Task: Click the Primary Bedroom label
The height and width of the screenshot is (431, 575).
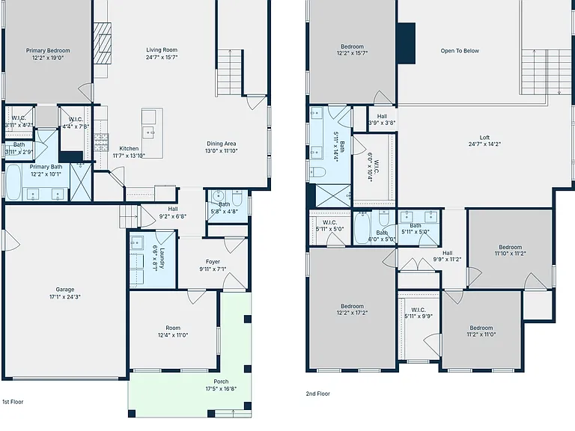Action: pyautogui.click(x=48, y=51)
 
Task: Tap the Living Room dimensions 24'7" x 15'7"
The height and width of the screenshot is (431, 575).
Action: pyautogui.click(x=162, y=57)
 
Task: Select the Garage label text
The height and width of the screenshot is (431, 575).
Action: pyautogui.click(x=65, y=290)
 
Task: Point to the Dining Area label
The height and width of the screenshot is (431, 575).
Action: pyautogui.click(x=221, y=144)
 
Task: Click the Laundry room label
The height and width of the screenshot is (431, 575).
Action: pyautogui.click(x=162, y=258)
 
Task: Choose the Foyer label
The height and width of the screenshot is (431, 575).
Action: pyautogui.click(x=213, y=262)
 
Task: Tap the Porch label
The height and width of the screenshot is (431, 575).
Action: pyautogui.click(x=221, y=382)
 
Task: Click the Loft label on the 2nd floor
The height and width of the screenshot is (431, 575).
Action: pyautogui.click(x=485, y=138)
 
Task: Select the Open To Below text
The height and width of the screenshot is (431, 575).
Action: pyautogui.click(x=460, y=51)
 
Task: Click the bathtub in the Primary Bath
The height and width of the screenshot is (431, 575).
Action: pyautogui.click(x=13, y=182)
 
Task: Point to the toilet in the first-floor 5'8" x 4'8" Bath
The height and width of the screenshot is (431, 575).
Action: pyautogui.click(x=237, y=198)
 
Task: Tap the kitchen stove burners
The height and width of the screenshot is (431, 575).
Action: pyautogui.click(x=102, y=143)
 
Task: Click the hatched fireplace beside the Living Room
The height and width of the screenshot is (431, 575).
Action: pyautogui.click(x=102, y=43)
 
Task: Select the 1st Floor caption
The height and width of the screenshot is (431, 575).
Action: pyautogui.click(x=13, y=402)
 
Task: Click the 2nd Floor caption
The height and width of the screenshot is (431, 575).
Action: pyautogui.click(x=318, y=394)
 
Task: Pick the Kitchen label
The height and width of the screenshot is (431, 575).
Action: pyautogui.click(x=129, y=148)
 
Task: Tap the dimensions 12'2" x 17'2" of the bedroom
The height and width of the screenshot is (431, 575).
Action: pyautogui.click(x=352, y=313)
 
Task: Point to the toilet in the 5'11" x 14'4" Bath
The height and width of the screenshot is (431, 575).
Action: pyautogui.click(x=317, y=172)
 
